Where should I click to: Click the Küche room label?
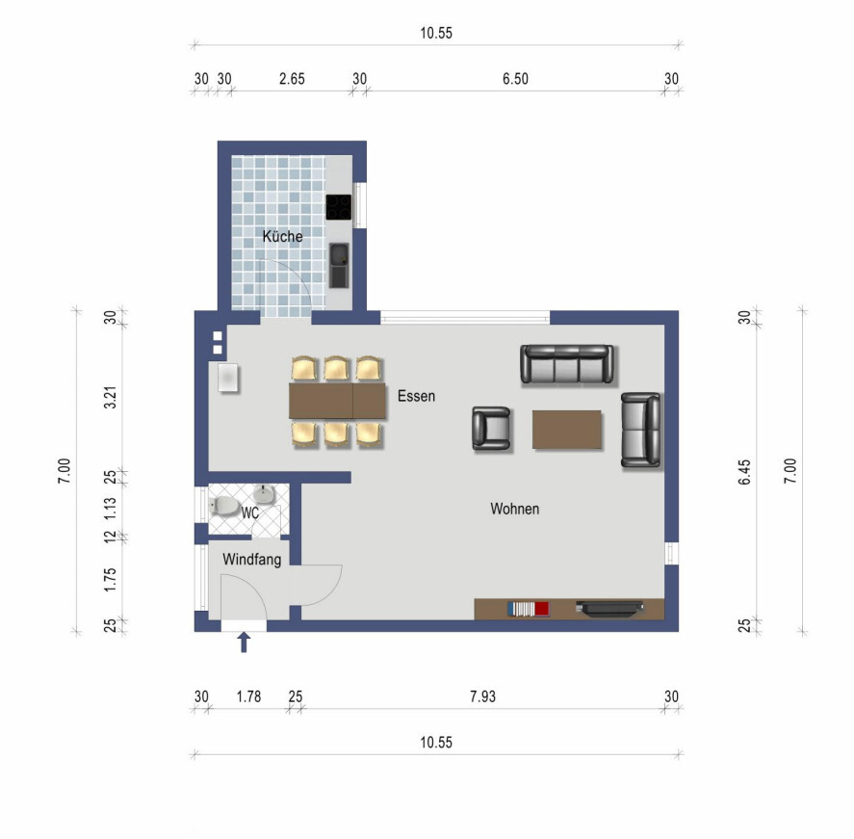(282, 236)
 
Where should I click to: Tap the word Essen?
(416, 396)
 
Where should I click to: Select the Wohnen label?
(515, 509)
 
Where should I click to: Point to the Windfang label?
(251, 560)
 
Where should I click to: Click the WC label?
(250, 513)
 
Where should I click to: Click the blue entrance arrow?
(244, 642)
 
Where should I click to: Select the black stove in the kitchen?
(339, 207)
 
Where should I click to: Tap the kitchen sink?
(339, 265)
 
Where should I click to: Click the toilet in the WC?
(225, 506)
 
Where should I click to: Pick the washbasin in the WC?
(264, 495)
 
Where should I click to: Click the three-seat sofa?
(566, 364)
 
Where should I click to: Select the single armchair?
(491, 429)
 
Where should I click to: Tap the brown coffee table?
(566, 430)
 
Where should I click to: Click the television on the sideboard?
(610, 609)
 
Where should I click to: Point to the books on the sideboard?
(528, 609)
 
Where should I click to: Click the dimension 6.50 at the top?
(515, 79)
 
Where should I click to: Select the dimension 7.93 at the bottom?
(482, 696)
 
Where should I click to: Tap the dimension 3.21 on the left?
(110, 398)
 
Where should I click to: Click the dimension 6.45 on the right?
(744, 472)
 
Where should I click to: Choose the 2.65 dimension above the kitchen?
(292, 79)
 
